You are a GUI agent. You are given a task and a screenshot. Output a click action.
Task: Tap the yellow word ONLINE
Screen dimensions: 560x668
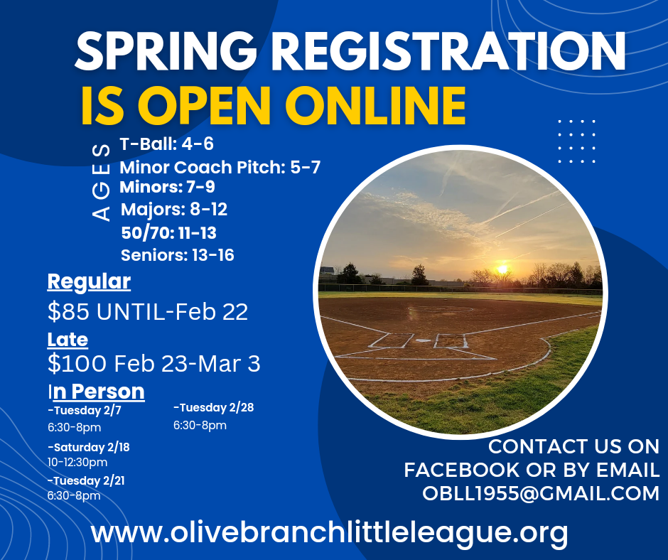click(376, 105)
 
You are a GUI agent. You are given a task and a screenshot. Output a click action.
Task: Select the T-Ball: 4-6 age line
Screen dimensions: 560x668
click(166, 144)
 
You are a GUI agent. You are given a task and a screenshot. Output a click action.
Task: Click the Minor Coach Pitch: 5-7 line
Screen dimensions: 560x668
click(220, 168)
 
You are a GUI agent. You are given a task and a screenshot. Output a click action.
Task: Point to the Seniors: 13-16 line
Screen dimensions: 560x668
click(177, 254)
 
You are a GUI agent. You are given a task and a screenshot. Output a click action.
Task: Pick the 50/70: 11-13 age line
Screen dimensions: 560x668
click(168, 232)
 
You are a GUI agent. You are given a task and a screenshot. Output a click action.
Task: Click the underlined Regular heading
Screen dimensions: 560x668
click(89, 282)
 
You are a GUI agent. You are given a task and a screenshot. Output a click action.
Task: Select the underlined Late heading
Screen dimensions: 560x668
click(68, 340)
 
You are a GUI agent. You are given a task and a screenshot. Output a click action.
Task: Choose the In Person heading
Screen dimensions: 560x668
click(96, 391)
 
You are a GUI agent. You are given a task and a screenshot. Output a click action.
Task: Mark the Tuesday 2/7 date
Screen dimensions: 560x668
click(85, 410)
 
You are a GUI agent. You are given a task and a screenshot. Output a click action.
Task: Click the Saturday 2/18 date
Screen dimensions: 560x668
click(89, 447)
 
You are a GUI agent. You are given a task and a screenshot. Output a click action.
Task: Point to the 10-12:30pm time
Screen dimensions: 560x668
click(77, 463)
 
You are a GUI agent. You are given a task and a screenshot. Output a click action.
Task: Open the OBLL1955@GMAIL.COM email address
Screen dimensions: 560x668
click(540, 492)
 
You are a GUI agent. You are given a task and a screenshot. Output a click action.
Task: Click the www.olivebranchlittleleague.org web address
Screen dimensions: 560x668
click(329, 532)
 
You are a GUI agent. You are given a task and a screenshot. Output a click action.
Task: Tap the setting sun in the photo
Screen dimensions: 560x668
click(503, 269)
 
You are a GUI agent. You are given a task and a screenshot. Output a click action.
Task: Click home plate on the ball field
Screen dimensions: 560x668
click(423, 342)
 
